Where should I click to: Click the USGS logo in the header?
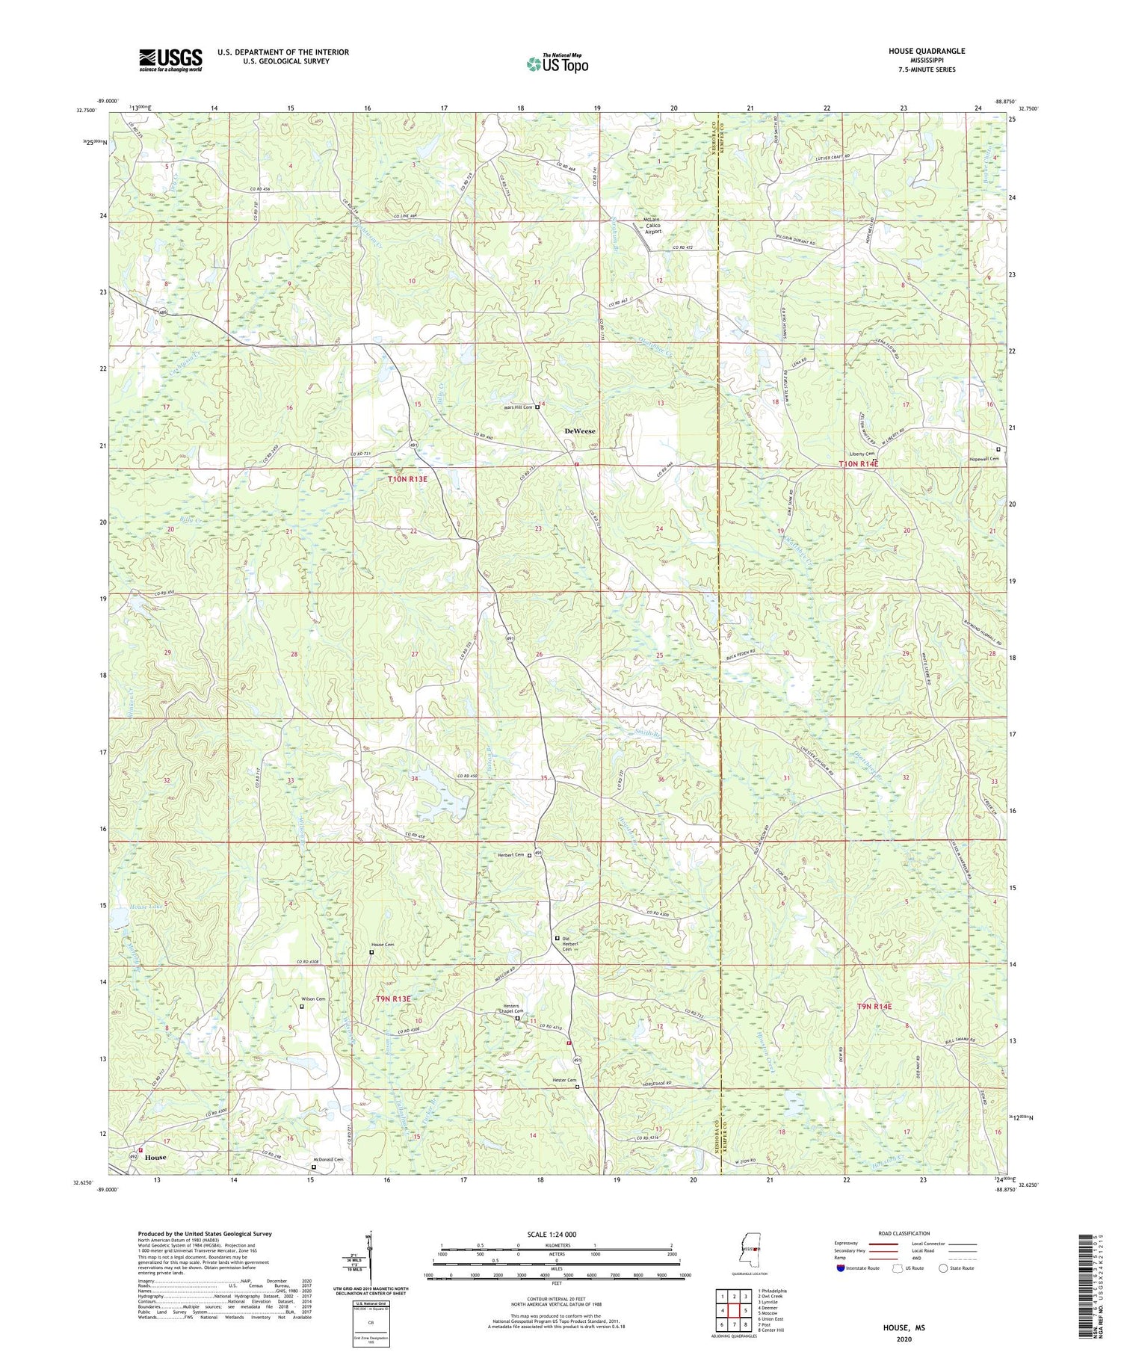point(170,60)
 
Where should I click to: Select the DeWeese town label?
point(580,431)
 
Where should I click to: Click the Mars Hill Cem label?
point(516,407)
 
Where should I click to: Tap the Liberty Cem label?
point(862,454)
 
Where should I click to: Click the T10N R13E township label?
point(407,478)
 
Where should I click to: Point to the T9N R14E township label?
point(879,1007)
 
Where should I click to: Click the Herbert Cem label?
point(511,855)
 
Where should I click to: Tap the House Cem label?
point(383,945)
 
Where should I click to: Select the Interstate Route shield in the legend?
point(841,1268)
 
